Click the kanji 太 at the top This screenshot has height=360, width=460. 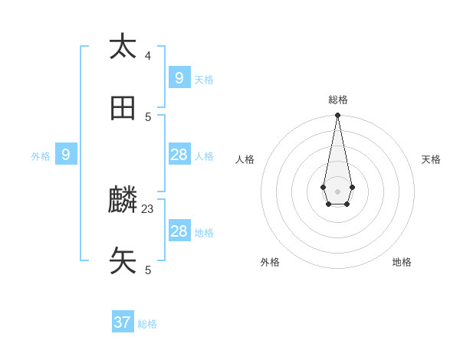coord(123,47)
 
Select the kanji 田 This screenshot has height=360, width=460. coord(123,109)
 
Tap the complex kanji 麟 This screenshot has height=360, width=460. coord(123,201)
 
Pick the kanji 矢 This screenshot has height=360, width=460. coord(123,261)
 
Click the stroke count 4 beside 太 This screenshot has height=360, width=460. coord(148,55)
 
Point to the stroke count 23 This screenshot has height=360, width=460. coord(148,208)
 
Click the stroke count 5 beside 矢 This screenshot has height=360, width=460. coord(148,270)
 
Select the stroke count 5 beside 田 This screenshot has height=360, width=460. coord(148,116)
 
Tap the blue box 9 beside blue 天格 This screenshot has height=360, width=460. coord(179,77)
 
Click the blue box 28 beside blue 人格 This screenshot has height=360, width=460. coord(179,155)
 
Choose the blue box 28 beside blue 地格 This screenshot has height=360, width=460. coord(179,231)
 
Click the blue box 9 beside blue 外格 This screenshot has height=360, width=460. coord(66,155)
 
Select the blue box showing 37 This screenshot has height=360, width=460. coord(123,322)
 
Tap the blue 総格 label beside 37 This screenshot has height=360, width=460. coord(147,324)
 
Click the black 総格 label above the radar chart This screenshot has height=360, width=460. coord(338,100)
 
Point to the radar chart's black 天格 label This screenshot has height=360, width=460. coord(431,159)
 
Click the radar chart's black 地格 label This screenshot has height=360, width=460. coord(402,262)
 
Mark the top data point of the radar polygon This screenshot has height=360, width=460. coord(337,115)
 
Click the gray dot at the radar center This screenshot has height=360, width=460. coord(337,191)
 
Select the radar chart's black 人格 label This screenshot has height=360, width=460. coord(245,159)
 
